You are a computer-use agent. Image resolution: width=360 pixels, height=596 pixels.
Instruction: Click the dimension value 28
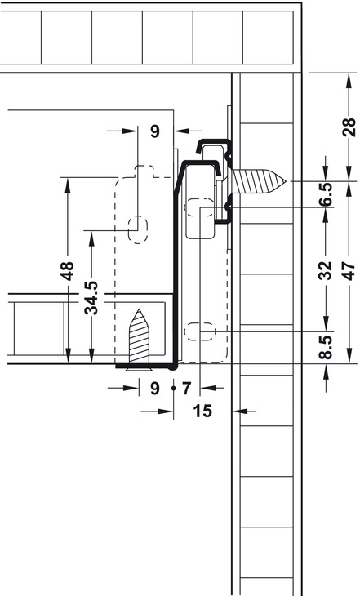349,127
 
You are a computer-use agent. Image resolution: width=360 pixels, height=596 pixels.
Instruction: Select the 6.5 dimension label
326,194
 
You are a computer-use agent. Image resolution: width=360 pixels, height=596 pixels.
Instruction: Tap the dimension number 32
326,270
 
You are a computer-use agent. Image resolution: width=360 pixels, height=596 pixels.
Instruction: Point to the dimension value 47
349,270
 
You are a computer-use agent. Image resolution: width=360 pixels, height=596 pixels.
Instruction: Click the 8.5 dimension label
326,347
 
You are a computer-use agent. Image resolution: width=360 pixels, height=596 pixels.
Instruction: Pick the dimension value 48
68,270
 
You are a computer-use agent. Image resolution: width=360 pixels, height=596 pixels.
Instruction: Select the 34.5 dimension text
91,298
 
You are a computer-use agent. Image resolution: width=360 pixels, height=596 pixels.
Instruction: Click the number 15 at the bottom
202,411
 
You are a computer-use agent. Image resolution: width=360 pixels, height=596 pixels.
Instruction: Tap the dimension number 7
186,389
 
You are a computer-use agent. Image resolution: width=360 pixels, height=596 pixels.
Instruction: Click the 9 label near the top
155,131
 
